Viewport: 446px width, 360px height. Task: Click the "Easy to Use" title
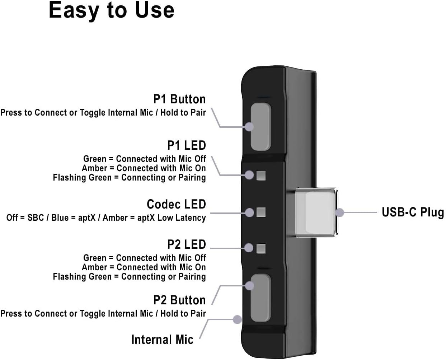click(x=111, y=10)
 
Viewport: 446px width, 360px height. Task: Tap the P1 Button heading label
click(x=179, y=99)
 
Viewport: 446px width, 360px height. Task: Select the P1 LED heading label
click(x=186, y=145)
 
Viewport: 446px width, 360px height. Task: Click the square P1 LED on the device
click(x=261, y=176)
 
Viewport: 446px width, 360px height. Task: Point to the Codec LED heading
click(x=176, y=204)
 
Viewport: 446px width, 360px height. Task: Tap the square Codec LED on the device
click(x=261, y=212)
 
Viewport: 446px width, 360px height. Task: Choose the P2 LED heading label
click(x=186, y=244)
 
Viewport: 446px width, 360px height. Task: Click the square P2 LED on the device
click(x=261, y=248)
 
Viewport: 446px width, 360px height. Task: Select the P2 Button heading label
click(x=179, y=300)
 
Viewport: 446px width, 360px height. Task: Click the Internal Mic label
click(x=162, y=340)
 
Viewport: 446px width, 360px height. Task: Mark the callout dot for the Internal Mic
click(x=237, y=319)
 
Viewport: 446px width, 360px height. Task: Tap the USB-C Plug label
click(x=413, y=212)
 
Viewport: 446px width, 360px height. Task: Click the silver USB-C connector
click(x=316, y=212)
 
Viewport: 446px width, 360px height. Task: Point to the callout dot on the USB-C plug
click(x=340, y=212)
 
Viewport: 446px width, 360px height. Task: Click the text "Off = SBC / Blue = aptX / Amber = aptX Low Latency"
click(x=106, y=218)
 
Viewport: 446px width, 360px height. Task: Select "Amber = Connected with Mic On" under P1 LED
click(x=144, y=168)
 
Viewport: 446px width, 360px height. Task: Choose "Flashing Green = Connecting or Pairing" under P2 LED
click(x=129, y=277)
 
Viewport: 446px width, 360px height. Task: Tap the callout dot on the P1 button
click(x=249, y=126)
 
